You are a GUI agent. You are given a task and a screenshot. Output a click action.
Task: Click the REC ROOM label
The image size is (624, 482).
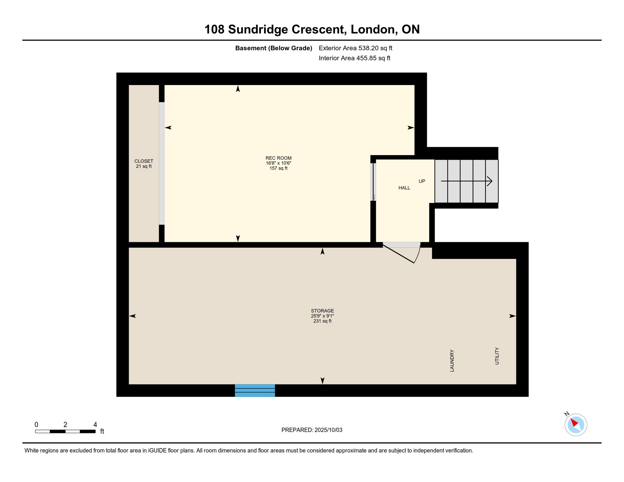click(278, 158)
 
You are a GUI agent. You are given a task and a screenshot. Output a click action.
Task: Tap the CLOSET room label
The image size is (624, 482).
click(144, 161)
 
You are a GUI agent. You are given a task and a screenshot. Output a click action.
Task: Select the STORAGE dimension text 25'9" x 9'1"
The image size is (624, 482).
click(322, 316)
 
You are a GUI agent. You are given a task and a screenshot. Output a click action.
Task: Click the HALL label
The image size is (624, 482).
click(404, 188)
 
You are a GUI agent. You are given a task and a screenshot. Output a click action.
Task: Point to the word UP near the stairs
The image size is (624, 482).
click(422, 181)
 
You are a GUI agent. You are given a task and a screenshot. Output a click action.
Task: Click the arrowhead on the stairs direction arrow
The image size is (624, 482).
click(490, 181)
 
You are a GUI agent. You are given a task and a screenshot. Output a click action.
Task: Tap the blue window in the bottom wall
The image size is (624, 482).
click(255, 390)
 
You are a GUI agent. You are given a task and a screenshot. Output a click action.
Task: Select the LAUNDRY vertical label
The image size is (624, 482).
click(452, 361)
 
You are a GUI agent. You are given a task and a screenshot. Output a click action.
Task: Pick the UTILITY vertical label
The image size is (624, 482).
click(497, 356)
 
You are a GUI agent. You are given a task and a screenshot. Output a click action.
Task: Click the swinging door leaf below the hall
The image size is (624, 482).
click(399, 254)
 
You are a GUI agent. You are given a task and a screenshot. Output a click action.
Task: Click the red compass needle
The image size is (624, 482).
click(574, 422)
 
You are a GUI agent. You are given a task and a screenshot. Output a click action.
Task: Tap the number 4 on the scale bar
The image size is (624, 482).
click(95, 425)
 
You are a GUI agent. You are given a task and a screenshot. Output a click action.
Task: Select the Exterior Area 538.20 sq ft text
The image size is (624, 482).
click(355, 48)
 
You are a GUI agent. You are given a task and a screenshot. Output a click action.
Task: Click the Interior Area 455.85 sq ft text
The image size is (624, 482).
click(354, 58)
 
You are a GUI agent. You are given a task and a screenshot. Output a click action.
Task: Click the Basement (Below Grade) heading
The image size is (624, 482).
click(273, 48)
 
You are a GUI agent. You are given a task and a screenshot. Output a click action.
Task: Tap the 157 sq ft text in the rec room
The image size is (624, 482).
click(278, 169)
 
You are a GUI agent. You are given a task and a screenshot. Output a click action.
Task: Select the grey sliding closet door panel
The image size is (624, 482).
click(162, 163)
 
